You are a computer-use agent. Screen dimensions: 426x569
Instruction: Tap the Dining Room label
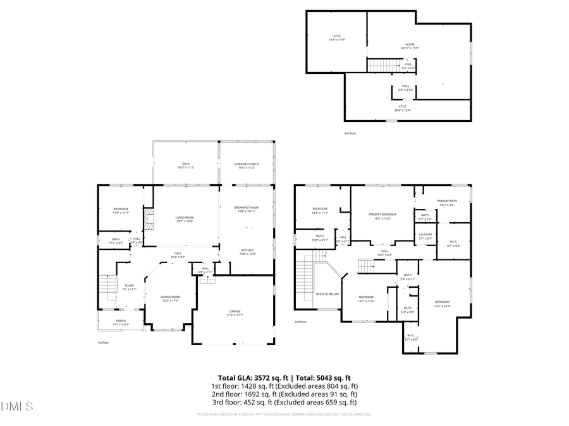(170, 299)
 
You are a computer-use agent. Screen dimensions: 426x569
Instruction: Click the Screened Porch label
(247, 165)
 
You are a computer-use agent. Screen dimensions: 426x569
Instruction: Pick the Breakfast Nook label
(247, 210)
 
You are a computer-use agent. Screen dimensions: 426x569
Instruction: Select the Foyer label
(129, 287)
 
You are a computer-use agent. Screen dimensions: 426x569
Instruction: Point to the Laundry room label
(425, 236)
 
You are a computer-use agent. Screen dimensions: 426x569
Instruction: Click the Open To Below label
(327, 294)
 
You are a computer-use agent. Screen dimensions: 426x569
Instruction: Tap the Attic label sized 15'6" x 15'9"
(337, 38)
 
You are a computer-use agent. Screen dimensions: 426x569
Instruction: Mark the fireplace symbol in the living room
(149, 220)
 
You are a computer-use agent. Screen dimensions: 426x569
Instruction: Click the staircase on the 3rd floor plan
(382, 65)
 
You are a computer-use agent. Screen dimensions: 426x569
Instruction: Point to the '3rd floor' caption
(350, 133)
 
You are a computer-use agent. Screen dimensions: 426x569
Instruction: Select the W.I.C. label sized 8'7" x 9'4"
(453, 243)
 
